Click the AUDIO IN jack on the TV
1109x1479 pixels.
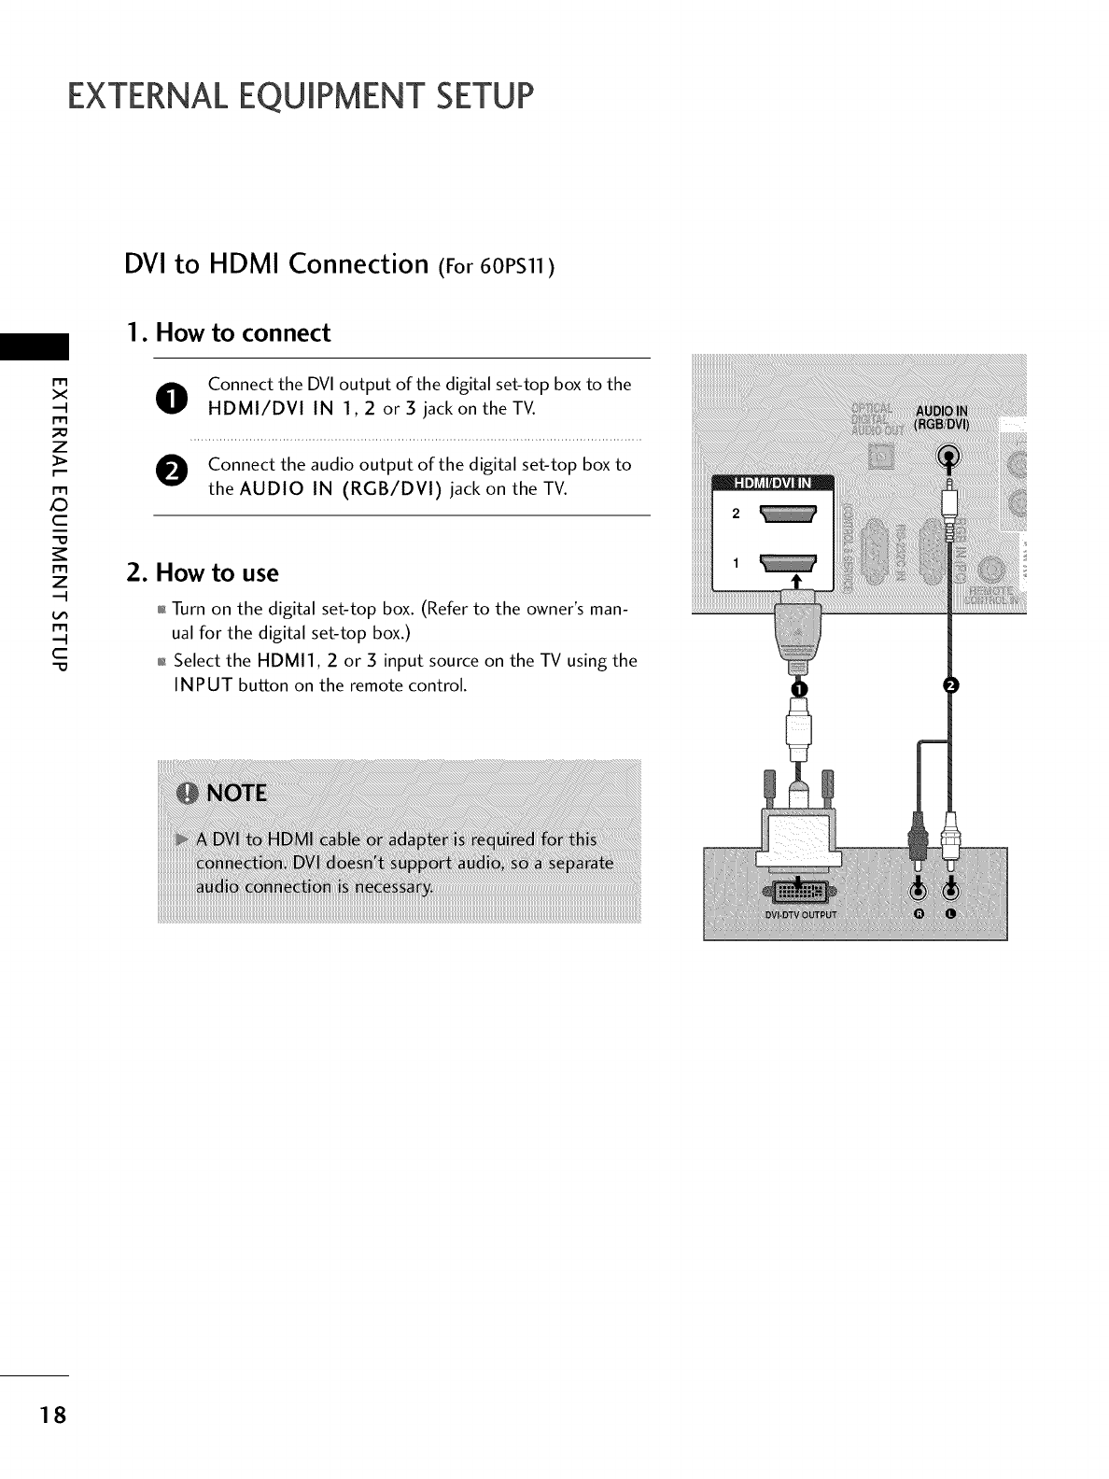pos(949,457)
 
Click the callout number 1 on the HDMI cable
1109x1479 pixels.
pos(798,688)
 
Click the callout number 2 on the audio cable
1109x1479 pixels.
pos(950,686)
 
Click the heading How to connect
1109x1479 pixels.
pos(228,333)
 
